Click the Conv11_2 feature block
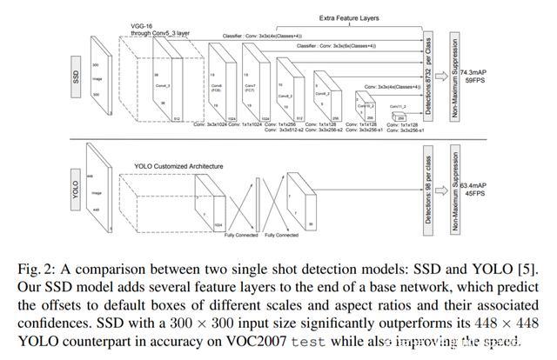click(x=401, y=117)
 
